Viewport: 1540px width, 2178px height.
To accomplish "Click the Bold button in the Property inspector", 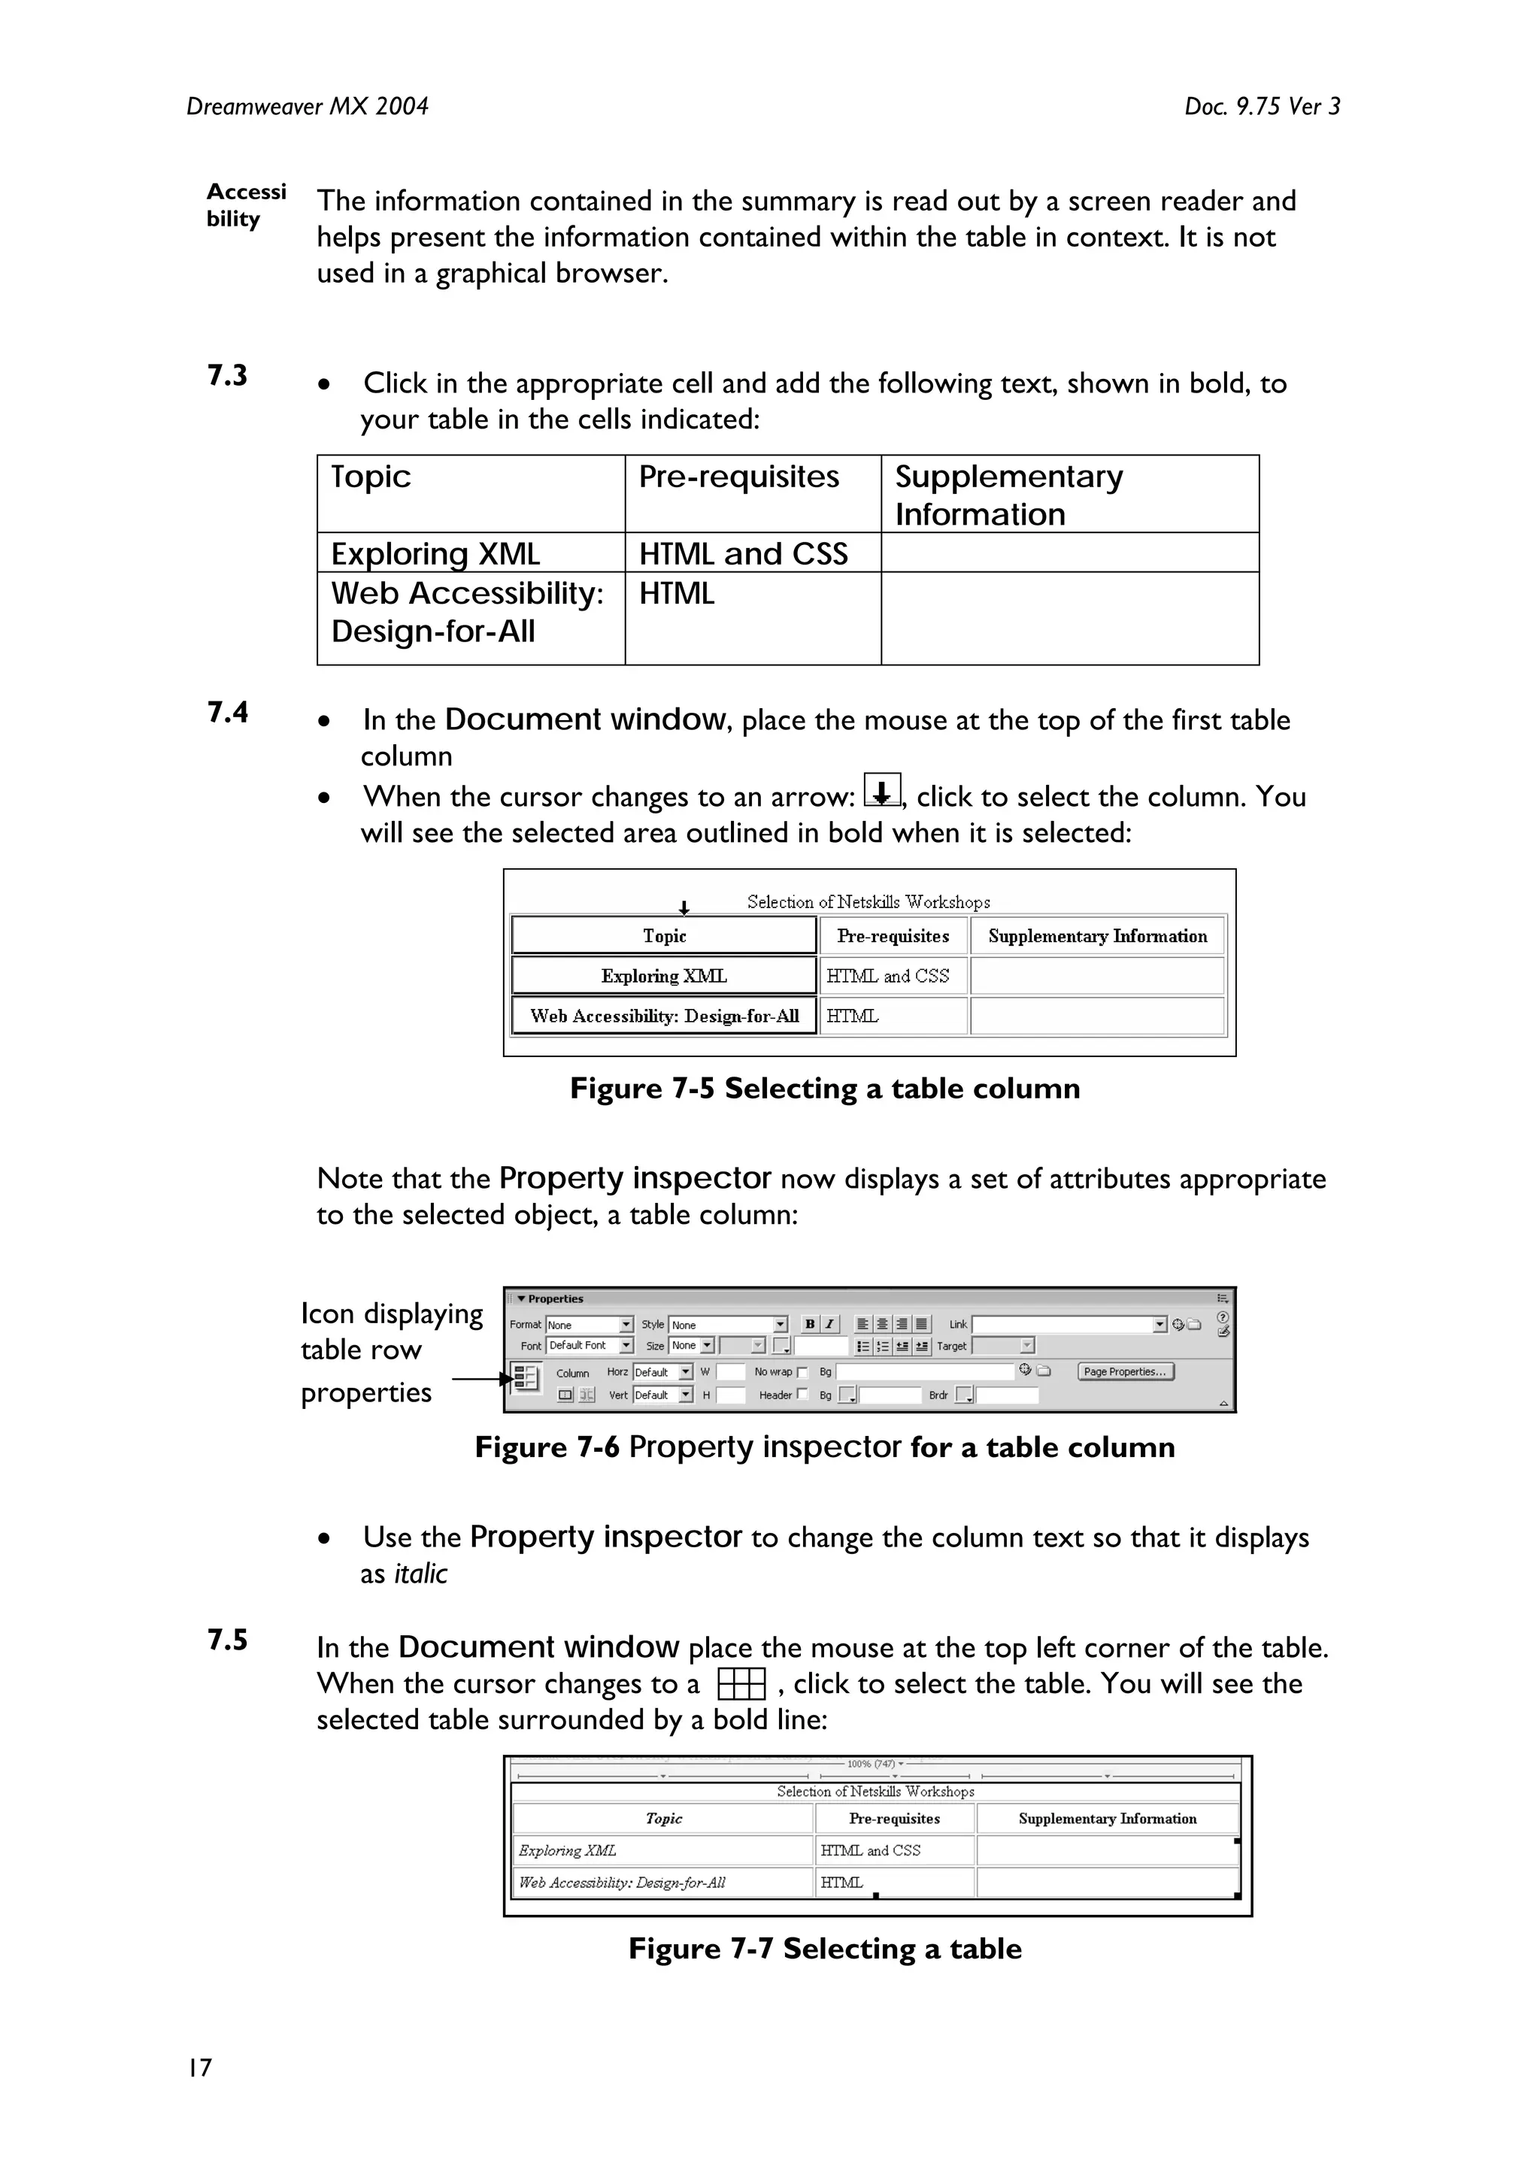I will tap(809, 1324).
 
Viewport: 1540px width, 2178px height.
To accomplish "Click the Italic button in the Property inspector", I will tap(829, 1324).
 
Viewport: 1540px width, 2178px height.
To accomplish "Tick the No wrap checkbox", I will tap(803, 1373).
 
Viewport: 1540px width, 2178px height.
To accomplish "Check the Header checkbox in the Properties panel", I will tap(803, 1395).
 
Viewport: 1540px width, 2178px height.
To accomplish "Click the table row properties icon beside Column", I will tap(526, 1377).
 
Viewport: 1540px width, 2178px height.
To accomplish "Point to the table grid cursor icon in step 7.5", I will tap(741, 1686).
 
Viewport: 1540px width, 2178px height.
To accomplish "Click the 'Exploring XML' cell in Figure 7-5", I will tap(663, 976).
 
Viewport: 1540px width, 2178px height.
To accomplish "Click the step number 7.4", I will tap(228, 713).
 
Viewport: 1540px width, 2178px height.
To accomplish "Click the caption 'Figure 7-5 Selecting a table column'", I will tap(825, 1088).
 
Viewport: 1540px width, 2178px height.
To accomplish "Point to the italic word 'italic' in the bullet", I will tap(420, 1574).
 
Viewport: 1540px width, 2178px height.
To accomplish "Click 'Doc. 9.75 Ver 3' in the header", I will tap(1261, 106).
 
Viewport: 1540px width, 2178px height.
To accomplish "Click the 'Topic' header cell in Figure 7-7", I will tap(663, 1819).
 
